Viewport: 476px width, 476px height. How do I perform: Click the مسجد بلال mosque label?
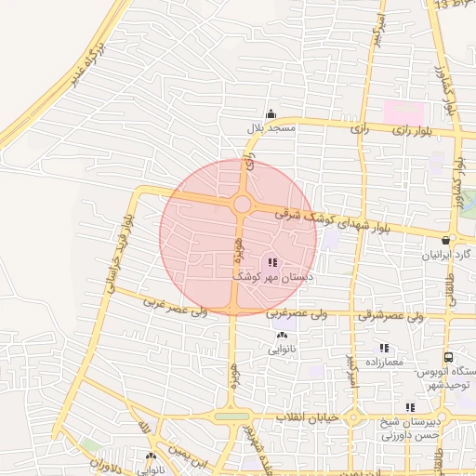coord(269,127)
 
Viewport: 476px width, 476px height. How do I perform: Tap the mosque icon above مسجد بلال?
coord(271,112)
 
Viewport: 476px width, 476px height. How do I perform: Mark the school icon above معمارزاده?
coord(382,348)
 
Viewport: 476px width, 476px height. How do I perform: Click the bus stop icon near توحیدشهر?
coord(449,357)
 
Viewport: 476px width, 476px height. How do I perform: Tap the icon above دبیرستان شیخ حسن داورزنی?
coord(410,407)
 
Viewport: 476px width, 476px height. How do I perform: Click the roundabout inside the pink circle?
coord(241,204)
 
